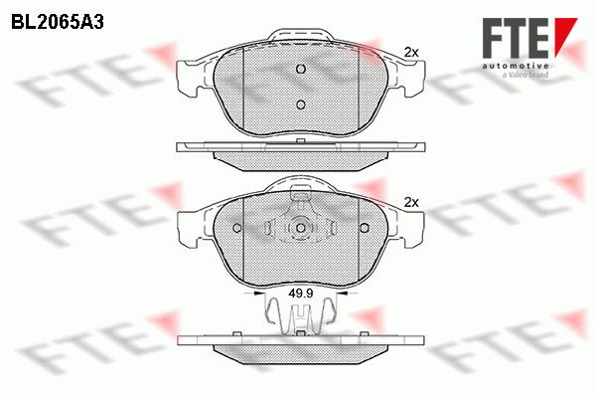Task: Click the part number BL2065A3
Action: click(58, 23)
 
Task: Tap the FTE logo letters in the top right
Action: click(516, 38)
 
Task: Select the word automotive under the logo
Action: click(516, 67)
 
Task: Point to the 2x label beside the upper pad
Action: click(411, 53)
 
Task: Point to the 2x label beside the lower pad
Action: click(411, 203)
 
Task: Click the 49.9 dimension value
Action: click(300, 294)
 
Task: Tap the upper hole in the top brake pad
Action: click(301, 69)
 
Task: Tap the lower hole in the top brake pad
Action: click(301, 104)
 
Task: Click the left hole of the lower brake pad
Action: click(237, 228)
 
